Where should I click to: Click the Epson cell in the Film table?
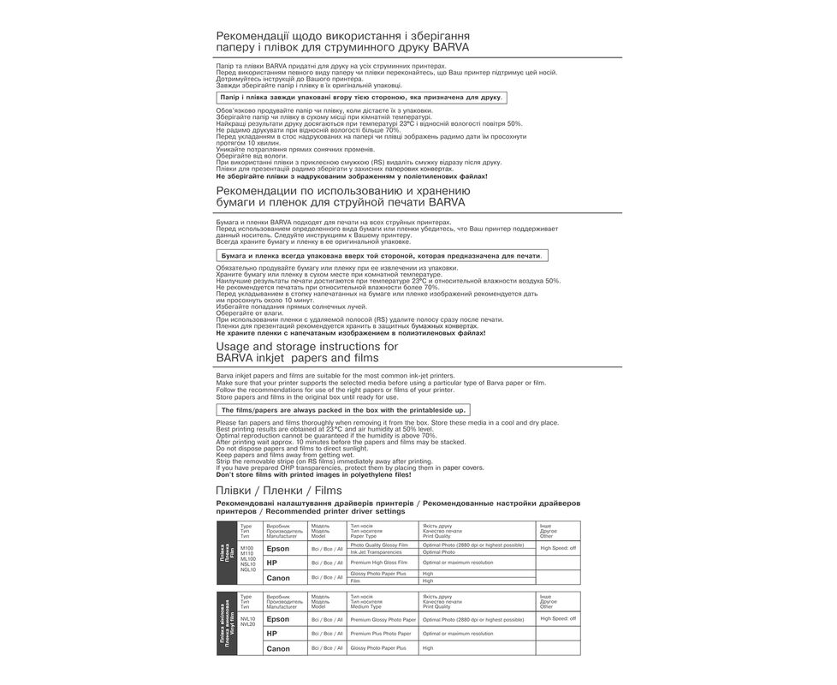point(278,548)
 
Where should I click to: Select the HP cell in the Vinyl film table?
point(272,634)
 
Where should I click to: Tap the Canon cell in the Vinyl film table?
point(278,649)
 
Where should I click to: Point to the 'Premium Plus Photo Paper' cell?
point(380,634)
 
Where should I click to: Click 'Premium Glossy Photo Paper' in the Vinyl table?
point(383,619)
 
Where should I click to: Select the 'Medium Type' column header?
point(365,606)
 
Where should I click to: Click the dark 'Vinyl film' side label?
point(228,625)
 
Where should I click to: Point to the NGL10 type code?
point(248,569)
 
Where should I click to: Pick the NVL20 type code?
point(248,624)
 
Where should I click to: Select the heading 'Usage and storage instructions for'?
point(307,346)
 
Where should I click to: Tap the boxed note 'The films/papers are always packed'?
point(343,410)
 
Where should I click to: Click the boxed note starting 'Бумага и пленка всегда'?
point(381,255)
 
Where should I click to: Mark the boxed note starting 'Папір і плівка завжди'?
point(361,98)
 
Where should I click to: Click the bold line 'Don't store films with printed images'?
point(326,474)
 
